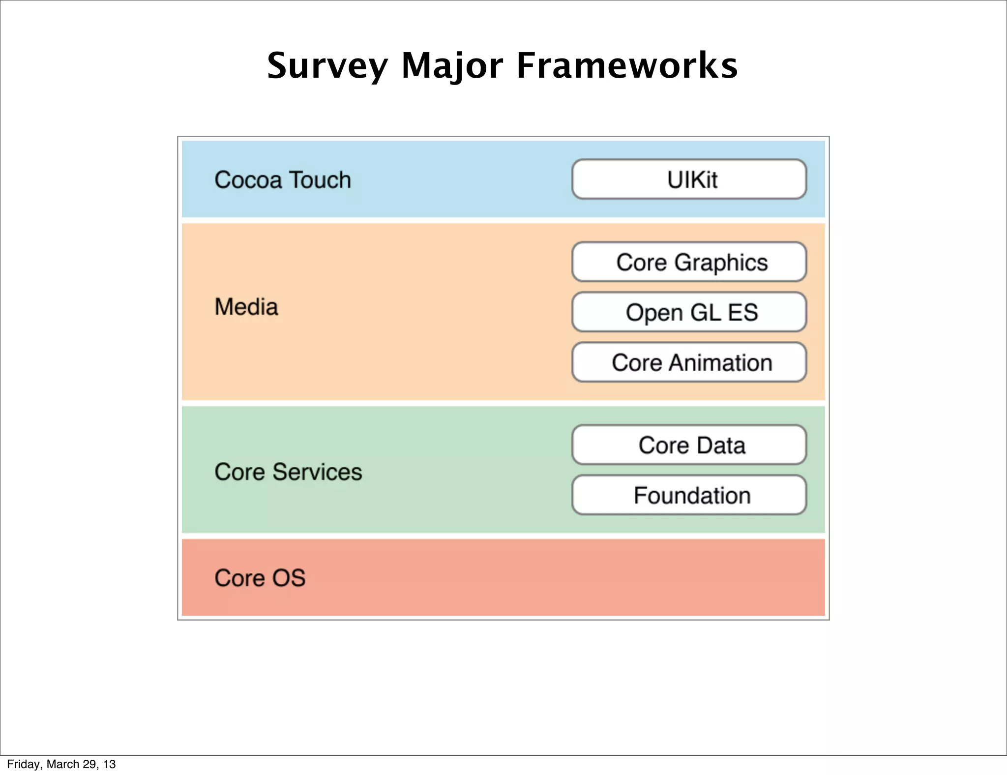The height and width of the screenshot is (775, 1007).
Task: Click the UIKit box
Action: (689, 179)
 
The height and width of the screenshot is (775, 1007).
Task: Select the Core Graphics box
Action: (689, 262)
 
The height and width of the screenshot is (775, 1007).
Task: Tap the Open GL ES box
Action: (689, 312)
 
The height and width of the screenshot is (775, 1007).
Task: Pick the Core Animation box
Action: (689, 362)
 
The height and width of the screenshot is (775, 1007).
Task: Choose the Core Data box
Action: (689, 445)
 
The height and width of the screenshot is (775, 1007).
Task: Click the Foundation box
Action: (689, 495)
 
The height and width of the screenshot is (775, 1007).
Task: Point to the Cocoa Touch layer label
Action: (283, 180)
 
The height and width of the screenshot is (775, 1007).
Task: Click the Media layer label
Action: (246, 307)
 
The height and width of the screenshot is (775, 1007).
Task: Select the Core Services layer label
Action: (288, 472)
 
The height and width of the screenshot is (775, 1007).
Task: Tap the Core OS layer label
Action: (260, 578)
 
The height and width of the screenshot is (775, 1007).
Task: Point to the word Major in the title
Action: (452, 66)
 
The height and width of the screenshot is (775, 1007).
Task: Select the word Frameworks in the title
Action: (627, 66)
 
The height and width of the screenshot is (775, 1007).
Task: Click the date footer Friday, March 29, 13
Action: (61, 764)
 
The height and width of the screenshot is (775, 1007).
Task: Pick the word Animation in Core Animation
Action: (720, 363)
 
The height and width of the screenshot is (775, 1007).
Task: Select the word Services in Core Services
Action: (317, 472)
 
